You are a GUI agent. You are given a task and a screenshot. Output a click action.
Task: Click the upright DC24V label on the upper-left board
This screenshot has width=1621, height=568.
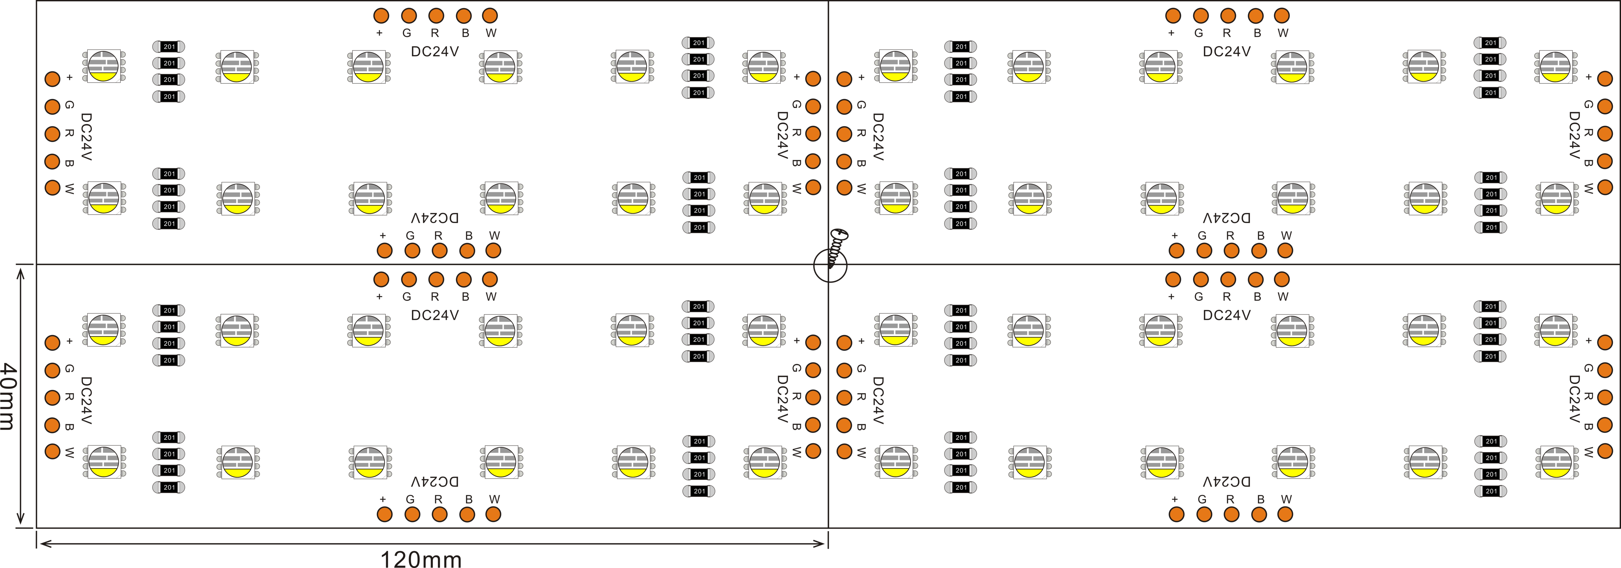435,52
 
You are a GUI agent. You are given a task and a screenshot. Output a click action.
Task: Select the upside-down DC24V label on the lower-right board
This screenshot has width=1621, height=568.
1226,482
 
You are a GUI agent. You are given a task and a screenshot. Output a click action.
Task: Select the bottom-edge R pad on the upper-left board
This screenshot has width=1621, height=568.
439,250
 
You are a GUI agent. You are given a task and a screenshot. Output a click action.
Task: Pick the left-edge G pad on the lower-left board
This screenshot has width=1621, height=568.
52,370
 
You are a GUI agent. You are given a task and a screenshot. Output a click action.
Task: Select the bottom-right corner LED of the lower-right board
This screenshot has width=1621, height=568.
1556,462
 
